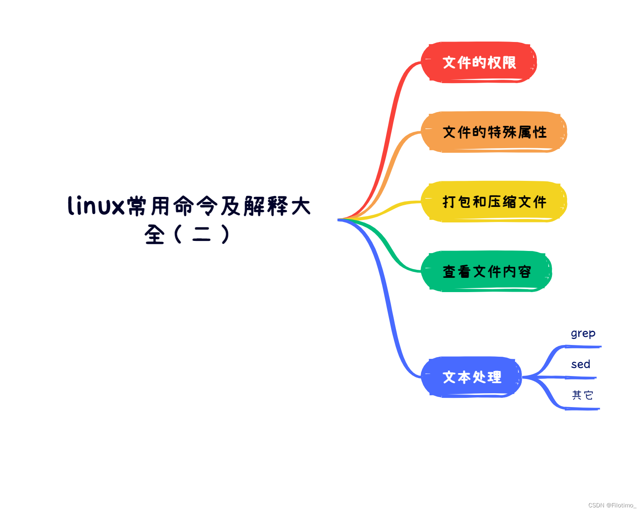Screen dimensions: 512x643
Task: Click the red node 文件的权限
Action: pos(479,62)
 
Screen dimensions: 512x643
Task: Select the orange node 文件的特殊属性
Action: pos(494,132)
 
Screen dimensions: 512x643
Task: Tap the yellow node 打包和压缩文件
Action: pos(494,201)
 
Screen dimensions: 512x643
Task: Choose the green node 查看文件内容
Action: pos(486,272)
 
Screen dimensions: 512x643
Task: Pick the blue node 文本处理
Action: pos(471,377)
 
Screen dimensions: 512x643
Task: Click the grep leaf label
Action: pos(583,334)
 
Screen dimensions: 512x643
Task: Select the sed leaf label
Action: pos(580,364)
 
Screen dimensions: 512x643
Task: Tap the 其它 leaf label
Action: pos(582,395)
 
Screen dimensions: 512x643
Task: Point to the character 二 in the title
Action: pos(201,235)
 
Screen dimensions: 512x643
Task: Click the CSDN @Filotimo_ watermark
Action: pos(612,505)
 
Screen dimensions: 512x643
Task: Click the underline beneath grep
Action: pos(583,347)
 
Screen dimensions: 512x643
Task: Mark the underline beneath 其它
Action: pos(583,408)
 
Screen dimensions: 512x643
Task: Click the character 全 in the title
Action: pos(154,235)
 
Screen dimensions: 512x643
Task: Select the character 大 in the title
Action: pos(301,206)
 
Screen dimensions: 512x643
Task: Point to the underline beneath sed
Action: pos(581,378)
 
